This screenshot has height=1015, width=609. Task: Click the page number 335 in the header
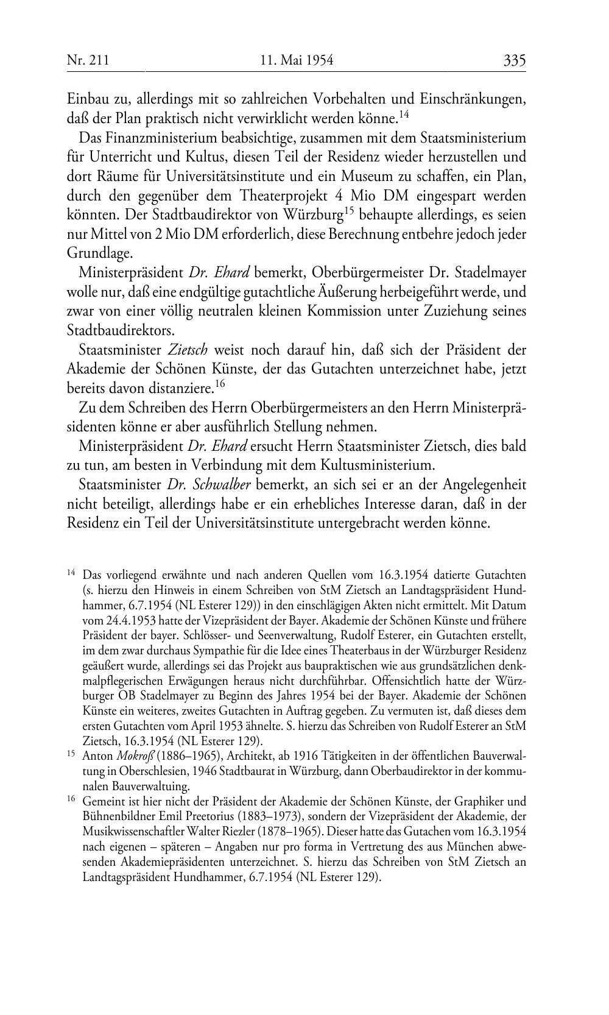[514, 60]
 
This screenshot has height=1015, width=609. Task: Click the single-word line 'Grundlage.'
[99, 253]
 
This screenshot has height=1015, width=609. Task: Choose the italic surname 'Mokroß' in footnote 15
[136, 755]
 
